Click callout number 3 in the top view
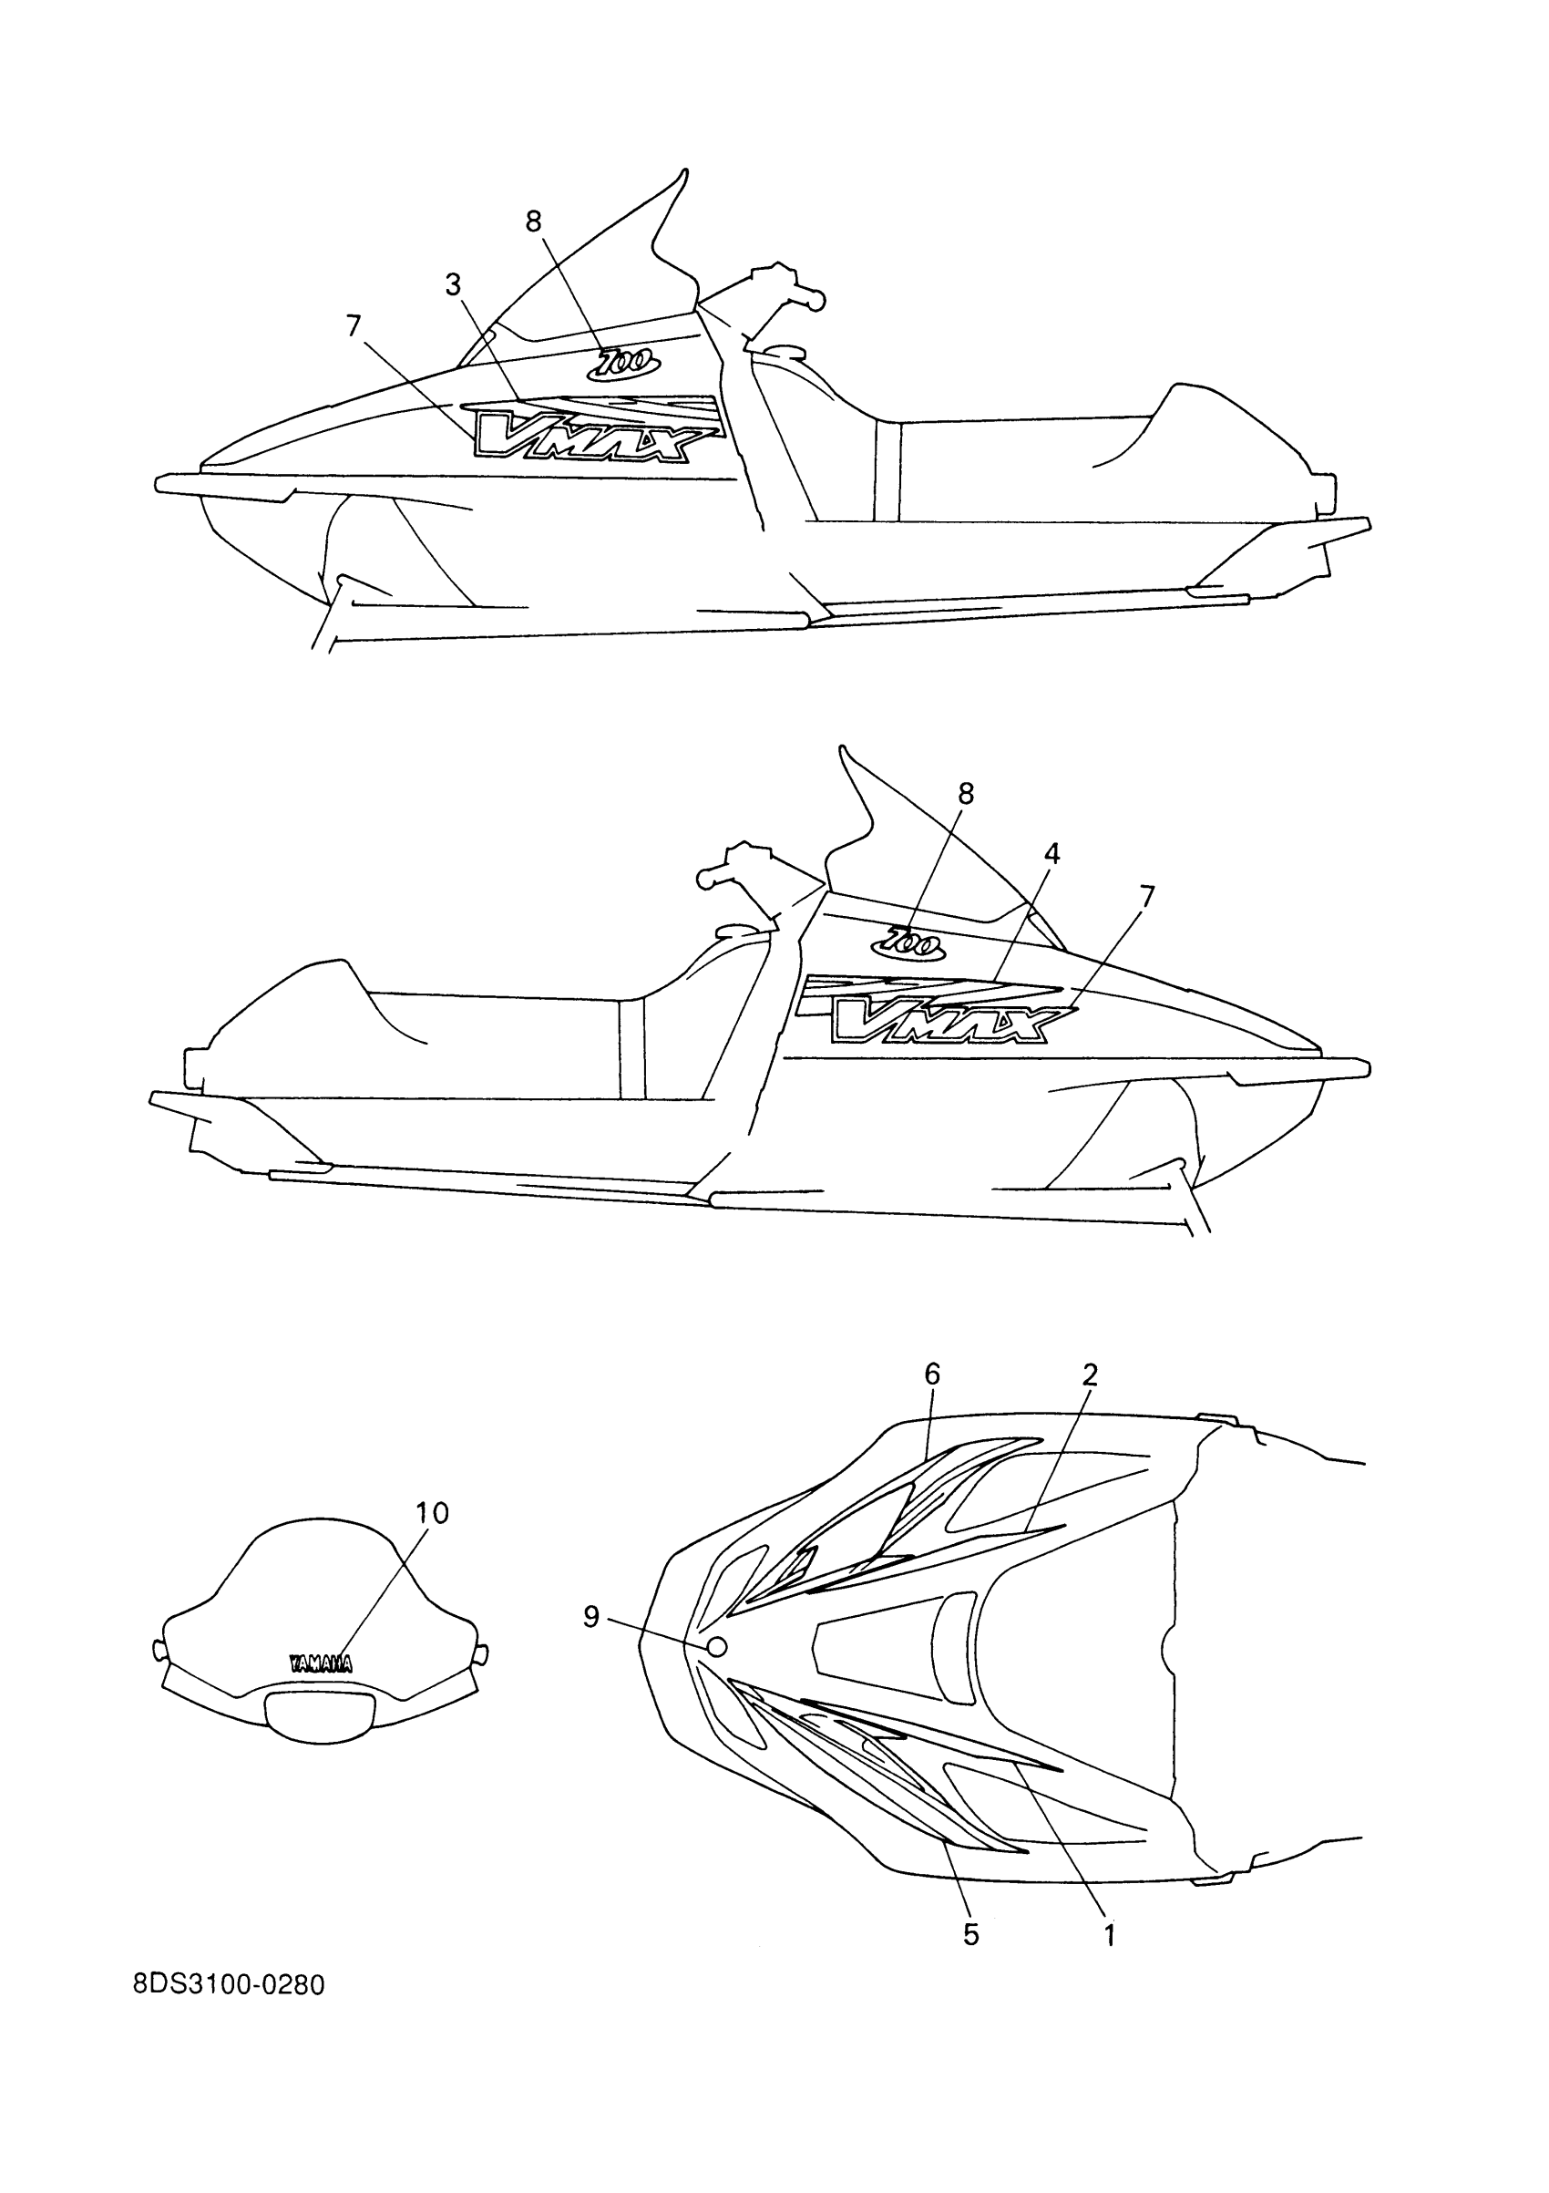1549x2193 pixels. (453, 284)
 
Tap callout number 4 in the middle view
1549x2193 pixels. (1051, 854)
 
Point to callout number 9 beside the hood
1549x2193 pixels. (591, 1616)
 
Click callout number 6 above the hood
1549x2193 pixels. (932, 1374)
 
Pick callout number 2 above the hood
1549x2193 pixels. (1090, 1374)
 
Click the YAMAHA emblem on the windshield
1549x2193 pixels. (320, 1663)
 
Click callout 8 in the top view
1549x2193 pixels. (534, 221)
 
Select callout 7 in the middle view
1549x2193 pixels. (1147, 897)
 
